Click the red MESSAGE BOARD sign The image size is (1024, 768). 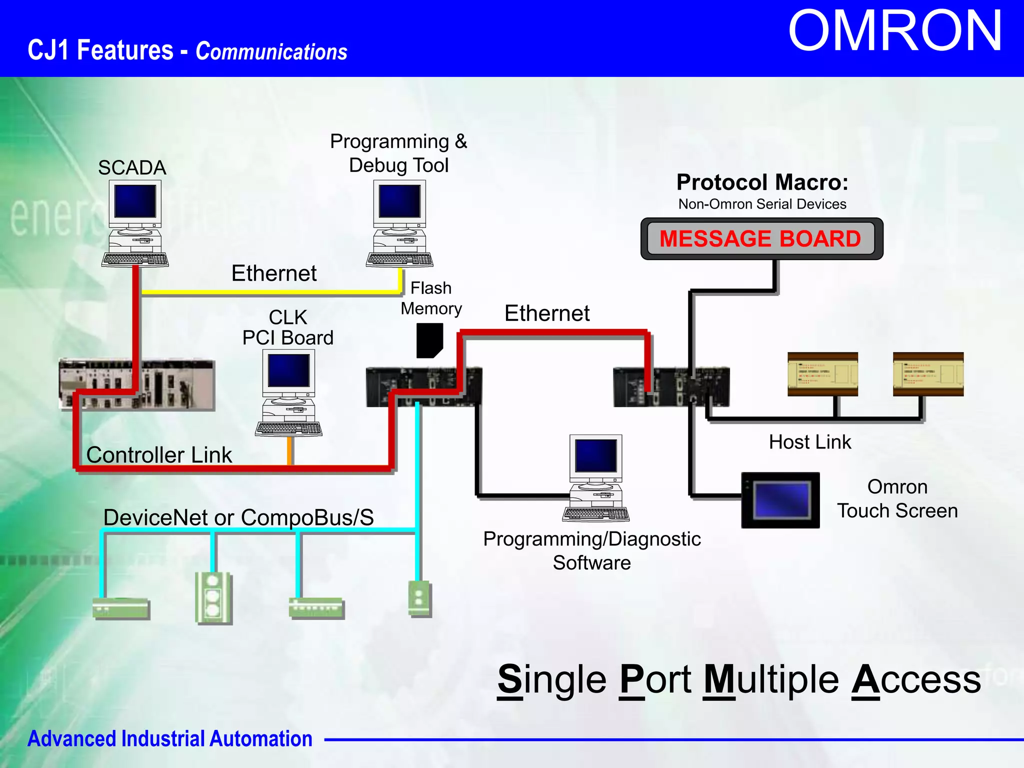[760, 238]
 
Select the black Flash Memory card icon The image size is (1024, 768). [429, 340]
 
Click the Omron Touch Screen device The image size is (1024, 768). [780, 500]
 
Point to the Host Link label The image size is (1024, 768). [809, 442]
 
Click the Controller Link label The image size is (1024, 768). [159, 455]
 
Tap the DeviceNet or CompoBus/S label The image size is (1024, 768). [238, 517]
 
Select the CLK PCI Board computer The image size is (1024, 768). [288, 392]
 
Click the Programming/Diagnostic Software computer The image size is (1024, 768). [596, 477]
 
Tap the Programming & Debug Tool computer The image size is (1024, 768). [399, 223]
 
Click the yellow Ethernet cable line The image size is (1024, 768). [270, 291]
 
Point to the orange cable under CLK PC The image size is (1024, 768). [289, 450]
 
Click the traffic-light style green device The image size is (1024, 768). [213, 597]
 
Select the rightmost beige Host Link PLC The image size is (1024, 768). [928, 374]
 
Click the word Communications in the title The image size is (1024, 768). [271, 51]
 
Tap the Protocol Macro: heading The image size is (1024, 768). [762, 182]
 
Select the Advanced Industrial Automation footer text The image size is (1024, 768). [169, 738]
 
